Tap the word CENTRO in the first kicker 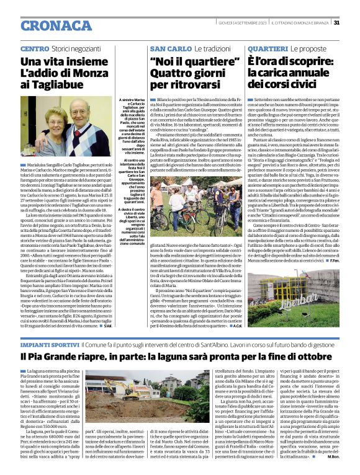click(35, 48)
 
